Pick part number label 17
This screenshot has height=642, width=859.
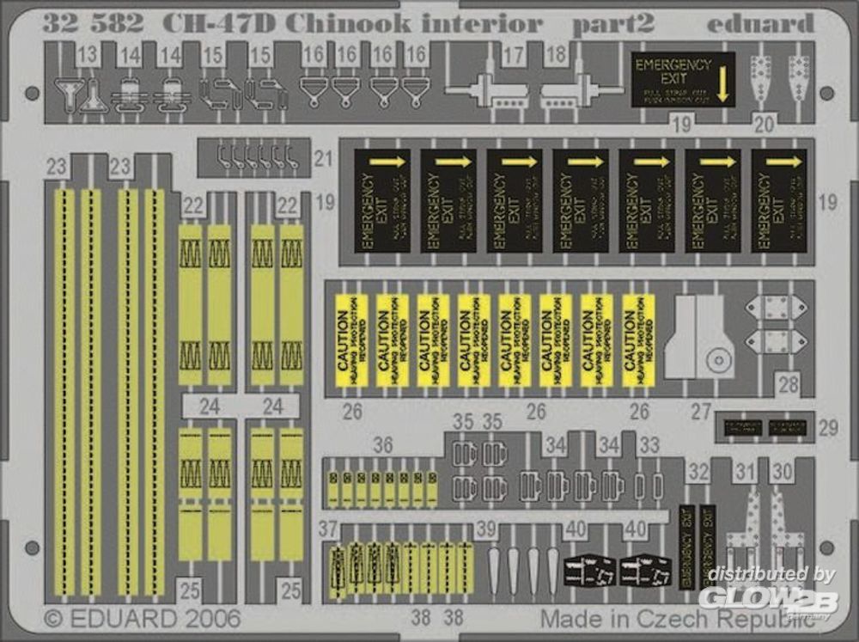point(513,58)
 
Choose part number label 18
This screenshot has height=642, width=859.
point(555,58)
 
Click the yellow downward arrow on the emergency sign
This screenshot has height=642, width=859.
point(721,86)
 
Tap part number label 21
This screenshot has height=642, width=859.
point(323,157)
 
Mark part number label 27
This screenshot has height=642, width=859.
point(701,412)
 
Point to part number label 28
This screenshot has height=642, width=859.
point(789,383)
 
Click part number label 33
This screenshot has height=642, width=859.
point(650,445)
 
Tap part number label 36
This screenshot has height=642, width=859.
point(383,445)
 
